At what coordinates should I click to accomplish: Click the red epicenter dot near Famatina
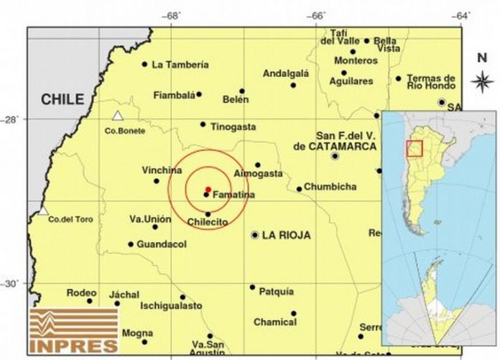click(x=208, y=189)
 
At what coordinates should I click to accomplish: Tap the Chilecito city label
click(x=208, y=222)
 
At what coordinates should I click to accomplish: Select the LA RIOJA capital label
click(x=286, y=235)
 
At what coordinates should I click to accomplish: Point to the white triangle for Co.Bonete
click(x=117, y=116)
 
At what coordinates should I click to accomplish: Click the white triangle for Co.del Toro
click(x=43, y=211)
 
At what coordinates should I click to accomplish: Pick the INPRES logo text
click(x=75, y=345)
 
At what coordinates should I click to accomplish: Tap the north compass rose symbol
click(x=481, y=81)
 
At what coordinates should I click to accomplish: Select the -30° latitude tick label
click(x=14, y=284)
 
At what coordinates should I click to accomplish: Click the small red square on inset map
click(x=414, y=148)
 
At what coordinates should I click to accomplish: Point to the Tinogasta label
click(x=233, y=127)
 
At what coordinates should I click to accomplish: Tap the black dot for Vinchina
click(x=157, y=181)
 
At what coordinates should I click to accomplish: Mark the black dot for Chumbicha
click(x=299, y=189)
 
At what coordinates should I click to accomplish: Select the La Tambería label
click(x=180, y=65)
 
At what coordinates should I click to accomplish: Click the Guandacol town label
click(x=162, y=244)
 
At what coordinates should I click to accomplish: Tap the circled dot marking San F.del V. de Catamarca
click(x=335, y=156)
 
